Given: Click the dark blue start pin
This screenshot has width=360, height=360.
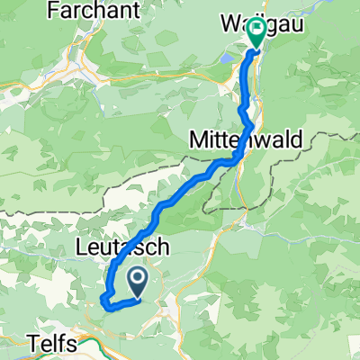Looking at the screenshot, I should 138,284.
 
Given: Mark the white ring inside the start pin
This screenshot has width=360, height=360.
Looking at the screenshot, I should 138,281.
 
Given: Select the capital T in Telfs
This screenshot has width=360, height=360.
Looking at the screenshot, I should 34,341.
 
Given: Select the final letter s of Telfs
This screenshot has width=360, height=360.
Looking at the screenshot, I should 74,341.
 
